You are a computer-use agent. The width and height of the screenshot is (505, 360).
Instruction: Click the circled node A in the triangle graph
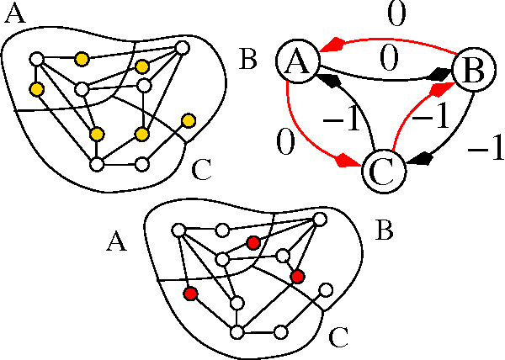(296, 63)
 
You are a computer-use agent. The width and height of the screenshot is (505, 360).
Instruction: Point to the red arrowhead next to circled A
(337, 43)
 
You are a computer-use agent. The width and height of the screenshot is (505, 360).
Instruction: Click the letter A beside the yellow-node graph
(16, 16)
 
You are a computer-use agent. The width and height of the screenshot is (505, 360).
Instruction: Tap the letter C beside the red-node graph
(338, 339)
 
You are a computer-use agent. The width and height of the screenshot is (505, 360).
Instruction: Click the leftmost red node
(191, 294)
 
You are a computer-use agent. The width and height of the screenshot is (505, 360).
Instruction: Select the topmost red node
(252, 242)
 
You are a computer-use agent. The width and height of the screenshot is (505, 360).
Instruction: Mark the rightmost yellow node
(189, 121)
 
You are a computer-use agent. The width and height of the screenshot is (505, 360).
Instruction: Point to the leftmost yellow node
(36, 88)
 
